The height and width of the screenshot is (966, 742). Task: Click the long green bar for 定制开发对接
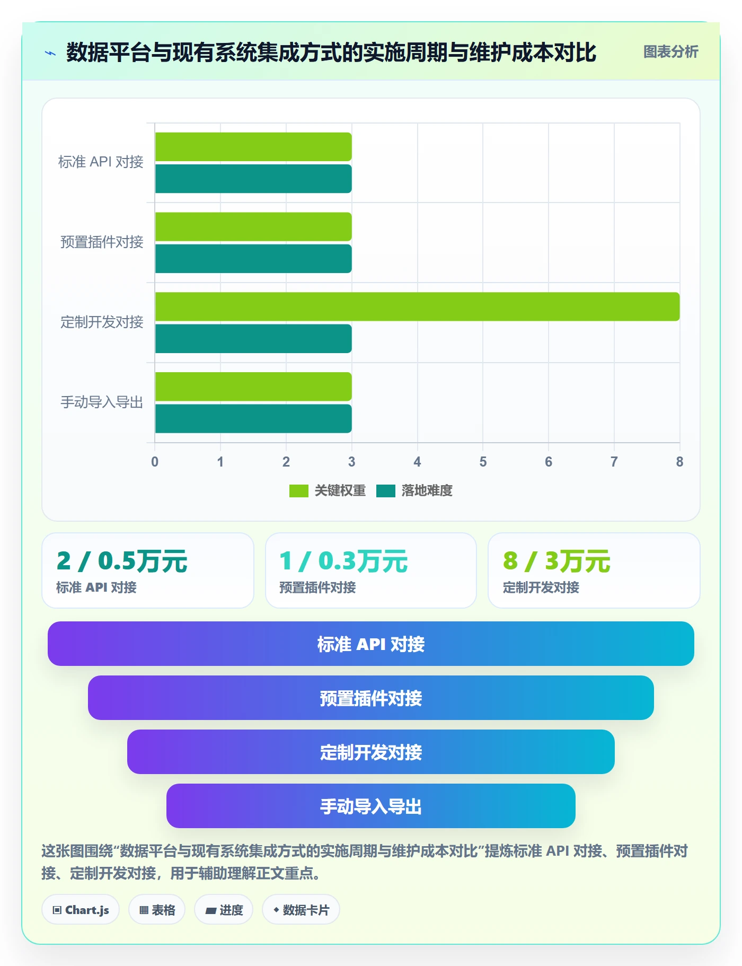(417, 306)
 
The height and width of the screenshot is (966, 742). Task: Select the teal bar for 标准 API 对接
(253, 179)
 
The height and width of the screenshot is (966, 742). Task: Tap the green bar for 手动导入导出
(253, 387)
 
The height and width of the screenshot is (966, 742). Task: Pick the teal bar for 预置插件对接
(253, 259)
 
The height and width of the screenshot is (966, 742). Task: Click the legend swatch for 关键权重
(298, 491)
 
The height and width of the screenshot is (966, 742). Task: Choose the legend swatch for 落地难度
(386, 491)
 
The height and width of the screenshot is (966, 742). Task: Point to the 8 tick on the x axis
(679, 462)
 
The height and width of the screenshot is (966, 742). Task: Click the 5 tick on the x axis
(483, 462)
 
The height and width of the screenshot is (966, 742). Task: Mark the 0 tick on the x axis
(155, 462)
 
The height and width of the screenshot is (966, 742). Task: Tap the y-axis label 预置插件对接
(102, 242)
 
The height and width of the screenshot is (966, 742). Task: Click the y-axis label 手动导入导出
(102, 402)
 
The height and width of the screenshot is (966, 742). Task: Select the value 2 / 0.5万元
(122, 561)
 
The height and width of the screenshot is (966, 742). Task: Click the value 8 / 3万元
(556, 561)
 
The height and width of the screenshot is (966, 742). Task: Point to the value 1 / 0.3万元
(343, 561)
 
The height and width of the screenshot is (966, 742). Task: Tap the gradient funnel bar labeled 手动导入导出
(371, 806)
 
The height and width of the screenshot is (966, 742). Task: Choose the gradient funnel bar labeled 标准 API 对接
(371, 644)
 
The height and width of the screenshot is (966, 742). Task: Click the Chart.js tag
(81, 910)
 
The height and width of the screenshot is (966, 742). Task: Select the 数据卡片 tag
(301, 910)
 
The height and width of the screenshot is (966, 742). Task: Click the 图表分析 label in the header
(670, 52)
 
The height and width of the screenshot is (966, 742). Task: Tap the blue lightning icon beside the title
(50, 53)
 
